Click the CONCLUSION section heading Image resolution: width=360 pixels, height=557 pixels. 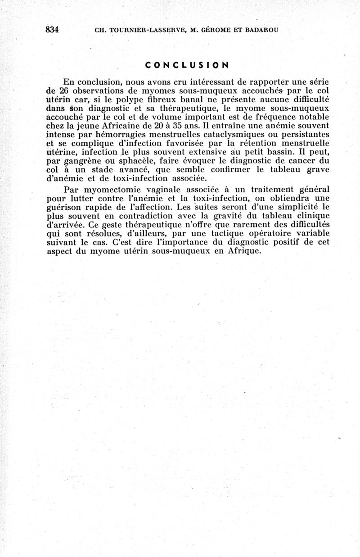[187, 64]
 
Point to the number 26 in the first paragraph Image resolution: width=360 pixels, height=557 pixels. [61, 91]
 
